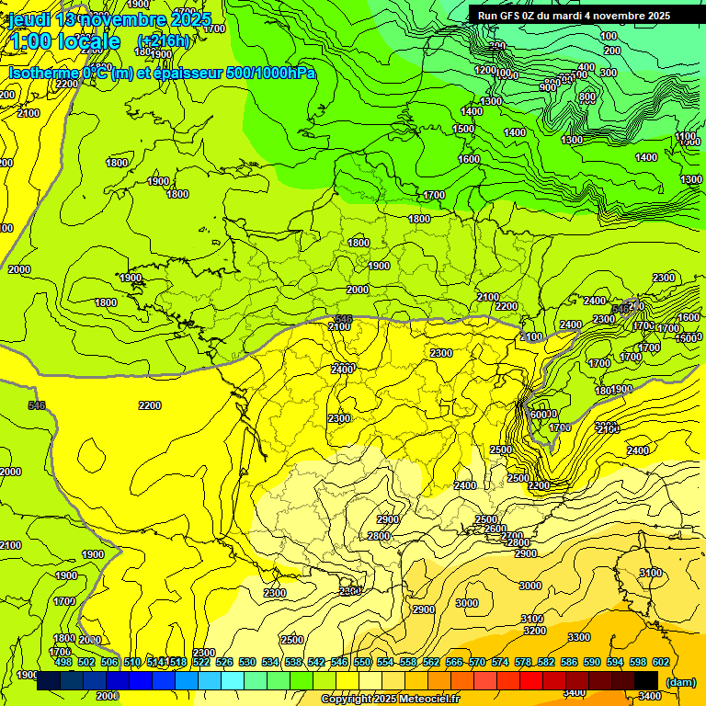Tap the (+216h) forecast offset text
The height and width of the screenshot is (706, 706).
point(164,40)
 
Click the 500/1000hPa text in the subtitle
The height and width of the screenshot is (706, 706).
point(275,73)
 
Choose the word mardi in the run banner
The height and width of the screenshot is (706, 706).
point(575,16)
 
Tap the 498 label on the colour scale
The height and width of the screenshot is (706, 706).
point(63,662)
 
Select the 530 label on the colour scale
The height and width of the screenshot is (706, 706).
point(247,662)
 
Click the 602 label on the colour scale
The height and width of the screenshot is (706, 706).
point(660,662)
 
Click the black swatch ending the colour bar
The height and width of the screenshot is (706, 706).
point(646,680)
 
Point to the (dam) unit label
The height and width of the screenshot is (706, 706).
point(679,681)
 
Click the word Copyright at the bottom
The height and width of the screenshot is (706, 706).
point(347,700)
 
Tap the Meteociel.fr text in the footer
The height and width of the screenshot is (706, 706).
point(429,700)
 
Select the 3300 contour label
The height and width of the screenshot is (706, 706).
point(578,637)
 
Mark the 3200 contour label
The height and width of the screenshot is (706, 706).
point(533,631)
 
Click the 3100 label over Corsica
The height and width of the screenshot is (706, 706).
point(650,573)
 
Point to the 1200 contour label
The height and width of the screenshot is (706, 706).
point(485,70)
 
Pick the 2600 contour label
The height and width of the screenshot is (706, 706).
point(495,529)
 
